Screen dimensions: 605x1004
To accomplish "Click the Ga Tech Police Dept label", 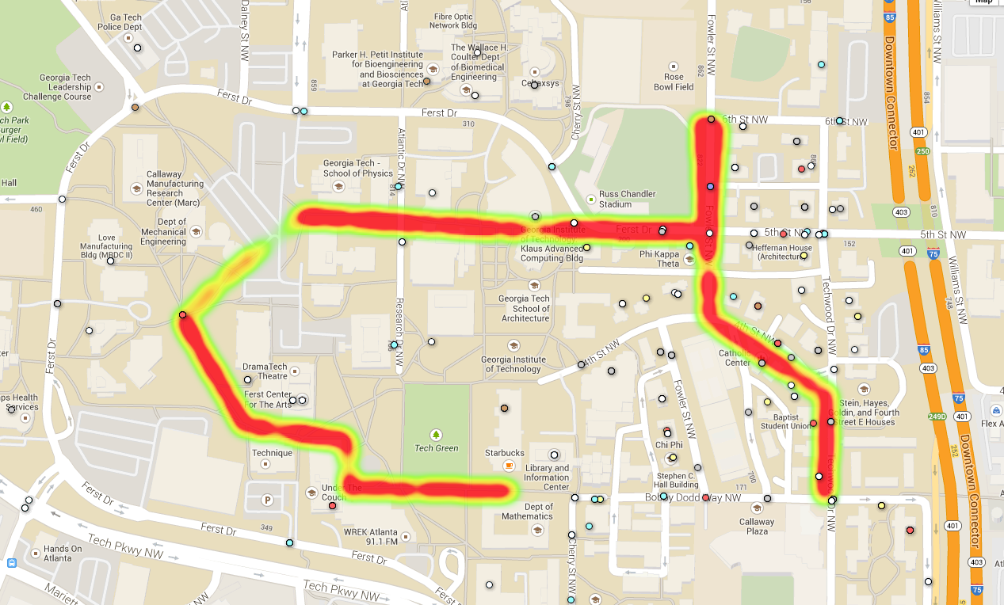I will point(120,21).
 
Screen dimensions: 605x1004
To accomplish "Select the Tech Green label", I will point(436,448).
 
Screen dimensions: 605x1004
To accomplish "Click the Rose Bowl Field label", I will point(674,82).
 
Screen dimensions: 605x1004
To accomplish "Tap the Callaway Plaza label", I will point(757,527).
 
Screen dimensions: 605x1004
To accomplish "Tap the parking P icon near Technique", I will point(267,500).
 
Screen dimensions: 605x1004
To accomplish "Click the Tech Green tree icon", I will point(436,435).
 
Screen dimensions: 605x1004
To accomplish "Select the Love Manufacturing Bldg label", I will point(106,247).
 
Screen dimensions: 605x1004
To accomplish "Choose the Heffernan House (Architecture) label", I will point(773,251).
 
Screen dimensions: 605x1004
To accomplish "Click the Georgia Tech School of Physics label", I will point(357,169).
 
